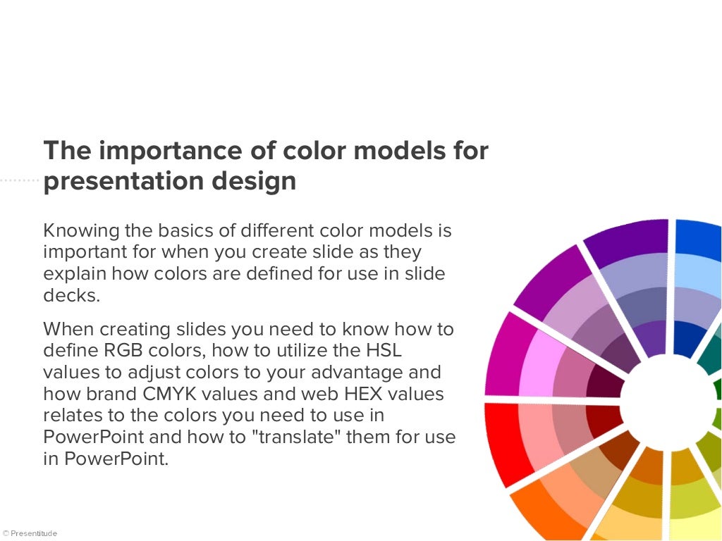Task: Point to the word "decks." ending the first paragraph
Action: click(x=71, y=295)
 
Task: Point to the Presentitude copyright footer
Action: click(x=30, y=533)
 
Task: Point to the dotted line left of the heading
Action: click(x=19, y=181)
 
